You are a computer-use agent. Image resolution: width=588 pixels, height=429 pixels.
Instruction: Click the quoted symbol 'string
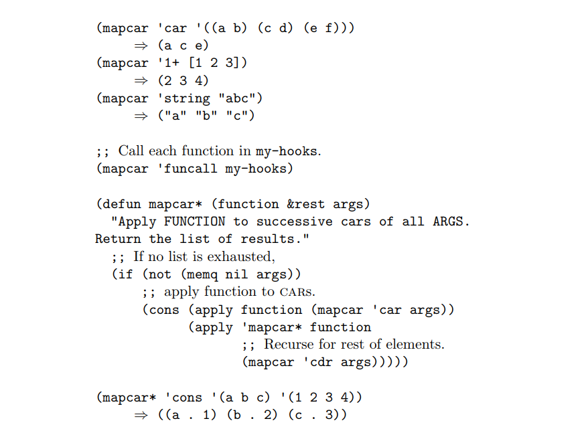coord(183,98)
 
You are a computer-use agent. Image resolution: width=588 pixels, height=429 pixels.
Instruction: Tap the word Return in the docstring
coord(118,239)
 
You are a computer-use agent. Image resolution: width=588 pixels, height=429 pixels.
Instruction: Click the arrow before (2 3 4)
coord(141,81)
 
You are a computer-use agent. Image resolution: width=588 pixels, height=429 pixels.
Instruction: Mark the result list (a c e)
coord(183,46)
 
